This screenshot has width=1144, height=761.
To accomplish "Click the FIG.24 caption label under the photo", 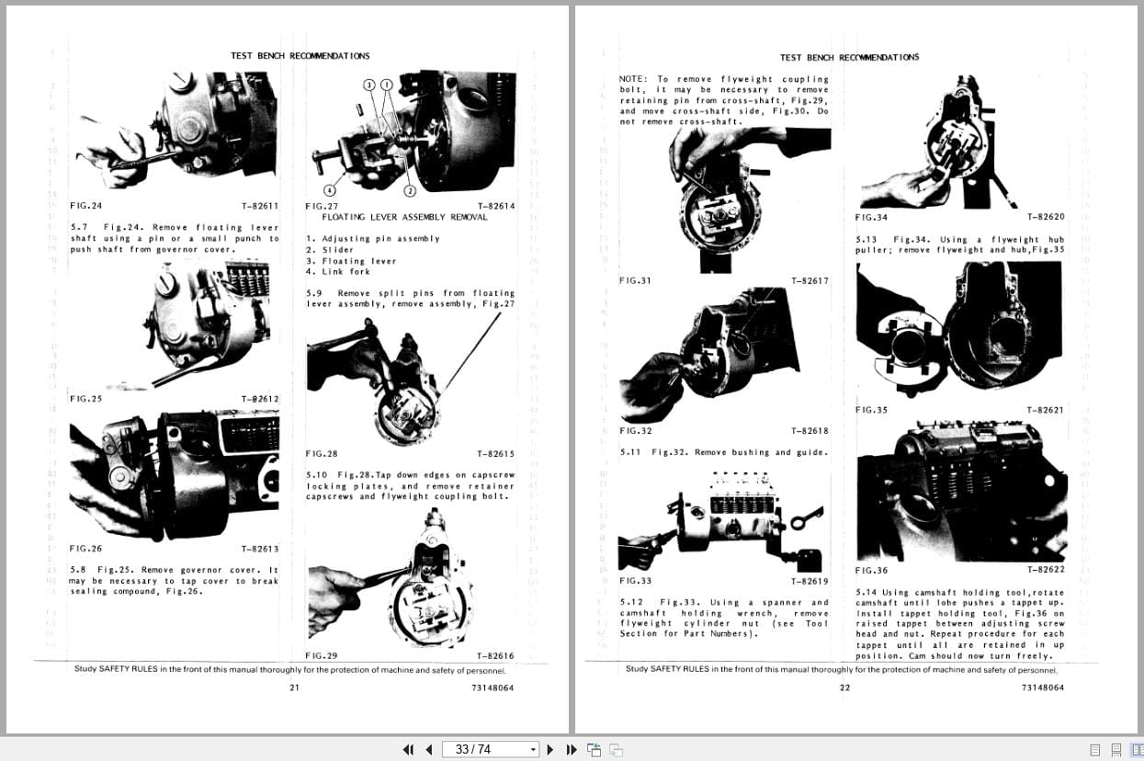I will [x=85, y=206].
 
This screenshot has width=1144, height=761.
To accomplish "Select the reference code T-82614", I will [x=496, y=206].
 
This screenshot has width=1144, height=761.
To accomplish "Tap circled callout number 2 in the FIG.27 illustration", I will [x=411, y=191].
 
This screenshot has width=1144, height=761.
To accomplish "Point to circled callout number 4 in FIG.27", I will [x=328, y=189].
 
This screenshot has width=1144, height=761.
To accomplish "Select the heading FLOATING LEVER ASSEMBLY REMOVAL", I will [x=404, y=217].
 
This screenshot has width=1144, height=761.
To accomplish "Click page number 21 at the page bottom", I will [x=294, y=687].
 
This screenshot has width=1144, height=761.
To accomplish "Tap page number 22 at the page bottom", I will [x=844, y=687].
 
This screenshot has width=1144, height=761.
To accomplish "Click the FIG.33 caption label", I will [x=635, y=581].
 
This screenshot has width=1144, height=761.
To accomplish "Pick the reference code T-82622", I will [x=1046, y=570].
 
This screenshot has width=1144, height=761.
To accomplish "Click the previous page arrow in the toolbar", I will [x=428, y=749].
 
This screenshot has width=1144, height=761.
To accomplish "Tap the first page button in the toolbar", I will [x=409, y=749].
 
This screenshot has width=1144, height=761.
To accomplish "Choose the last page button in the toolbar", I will [x=571, y=749].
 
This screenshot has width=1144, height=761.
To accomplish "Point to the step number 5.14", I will [x=867, y=593].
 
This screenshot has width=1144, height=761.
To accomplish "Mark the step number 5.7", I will [x=79, y=227].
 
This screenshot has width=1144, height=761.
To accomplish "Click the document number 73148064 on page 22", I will [x=1042, y=687].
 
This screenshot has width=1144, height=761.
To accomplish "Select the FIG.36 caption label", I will [x=871, y=570].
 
